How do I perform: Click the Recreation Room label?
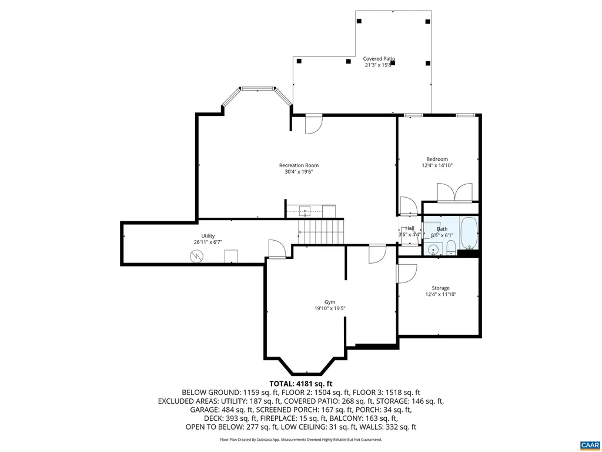(x=299, y=165)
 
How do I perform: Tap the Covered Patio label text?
(x=379, y=59)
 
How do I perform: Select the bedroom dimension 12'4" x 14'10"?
(x=437, y=166)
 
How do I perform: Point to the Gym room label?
(x=329, y=302)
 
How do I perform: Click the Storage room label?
(x=440, y=288)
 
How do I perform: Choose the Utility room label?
(x=208, y=236)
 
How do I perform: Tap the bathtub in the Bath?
(x=469, y=233)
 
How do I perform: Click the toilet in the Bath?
(x=450, y=247)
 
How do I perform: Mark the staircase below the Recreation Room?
(x=320, y=231)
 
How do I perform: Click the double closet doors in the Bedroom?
(x=454, y=192)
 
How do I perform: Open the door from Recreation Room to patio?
(x=314, y=124)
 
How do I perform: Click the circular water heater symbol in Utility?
(x=196, y=256)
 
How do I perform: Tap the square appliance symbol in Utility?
(x=232, y=255)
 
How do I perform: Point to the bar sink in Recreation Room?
(x=305, y=210)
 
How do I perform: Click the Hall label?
(x=410, y=229)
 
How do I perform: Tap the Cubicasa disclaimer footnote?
(x=300, y=440)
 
